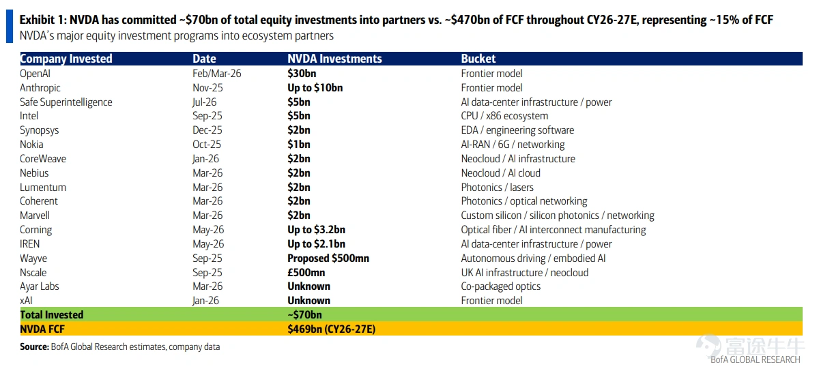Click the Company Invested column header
[x=66, y=59]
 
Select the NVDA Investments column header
[x=334, y=59]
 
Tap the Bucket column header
[x=478, y=59]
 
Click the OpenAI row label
[x=35, y=74]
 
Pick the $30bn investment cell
[x=302, y=74]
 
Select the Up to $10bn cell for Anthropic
[x=315, y=88]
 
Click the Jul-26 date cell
[x=204, y=102]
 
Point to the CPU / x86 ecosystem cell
[x=504, y=116]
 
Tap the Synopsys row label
[x=40, y=130]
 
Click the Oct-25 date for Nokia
[x=207, y=145]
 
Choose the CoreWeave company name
[x=43, y=159]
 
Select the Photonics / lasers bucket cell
[x=498, y=187]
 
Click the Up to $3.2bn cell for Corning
[x=316, y=230]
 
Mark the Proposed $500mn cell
[x=328, y=258]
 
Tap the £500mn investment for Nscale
[x=306, y=272]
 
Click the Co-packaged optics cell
[x=501, y=286]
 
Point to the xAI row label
[x=27, y=301]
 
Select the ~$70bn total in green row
[x=304, y=314]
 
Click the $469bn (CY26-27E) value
[x=332, y=329]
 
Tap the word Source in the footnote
[x=34, y=346]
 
